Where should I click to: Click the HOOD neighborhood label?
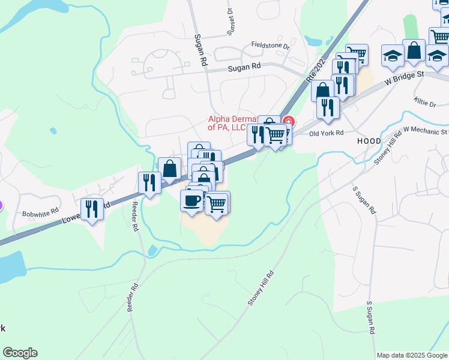click(x=369, y=140)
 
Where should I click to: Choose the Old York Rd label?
click(x=326, y=133)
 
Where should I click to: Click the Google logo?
click(x=20, y=353)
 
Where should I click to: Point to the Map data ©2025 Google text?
click(x=412, y=355)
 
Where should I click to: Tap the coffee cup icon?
click(x=192, y=200)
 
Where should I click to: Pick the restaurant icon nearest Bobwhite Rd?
click(x=92, y=209)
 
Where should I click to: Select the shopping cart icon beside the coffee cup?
click(x=217, y=203)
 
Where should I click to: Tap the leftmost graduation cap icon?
click(x=393, y=56)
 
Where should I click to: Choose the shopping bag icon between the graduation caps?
click(x=414, y=51)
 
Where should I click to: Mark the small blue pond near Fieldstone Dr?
click(x=313, y=41)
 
